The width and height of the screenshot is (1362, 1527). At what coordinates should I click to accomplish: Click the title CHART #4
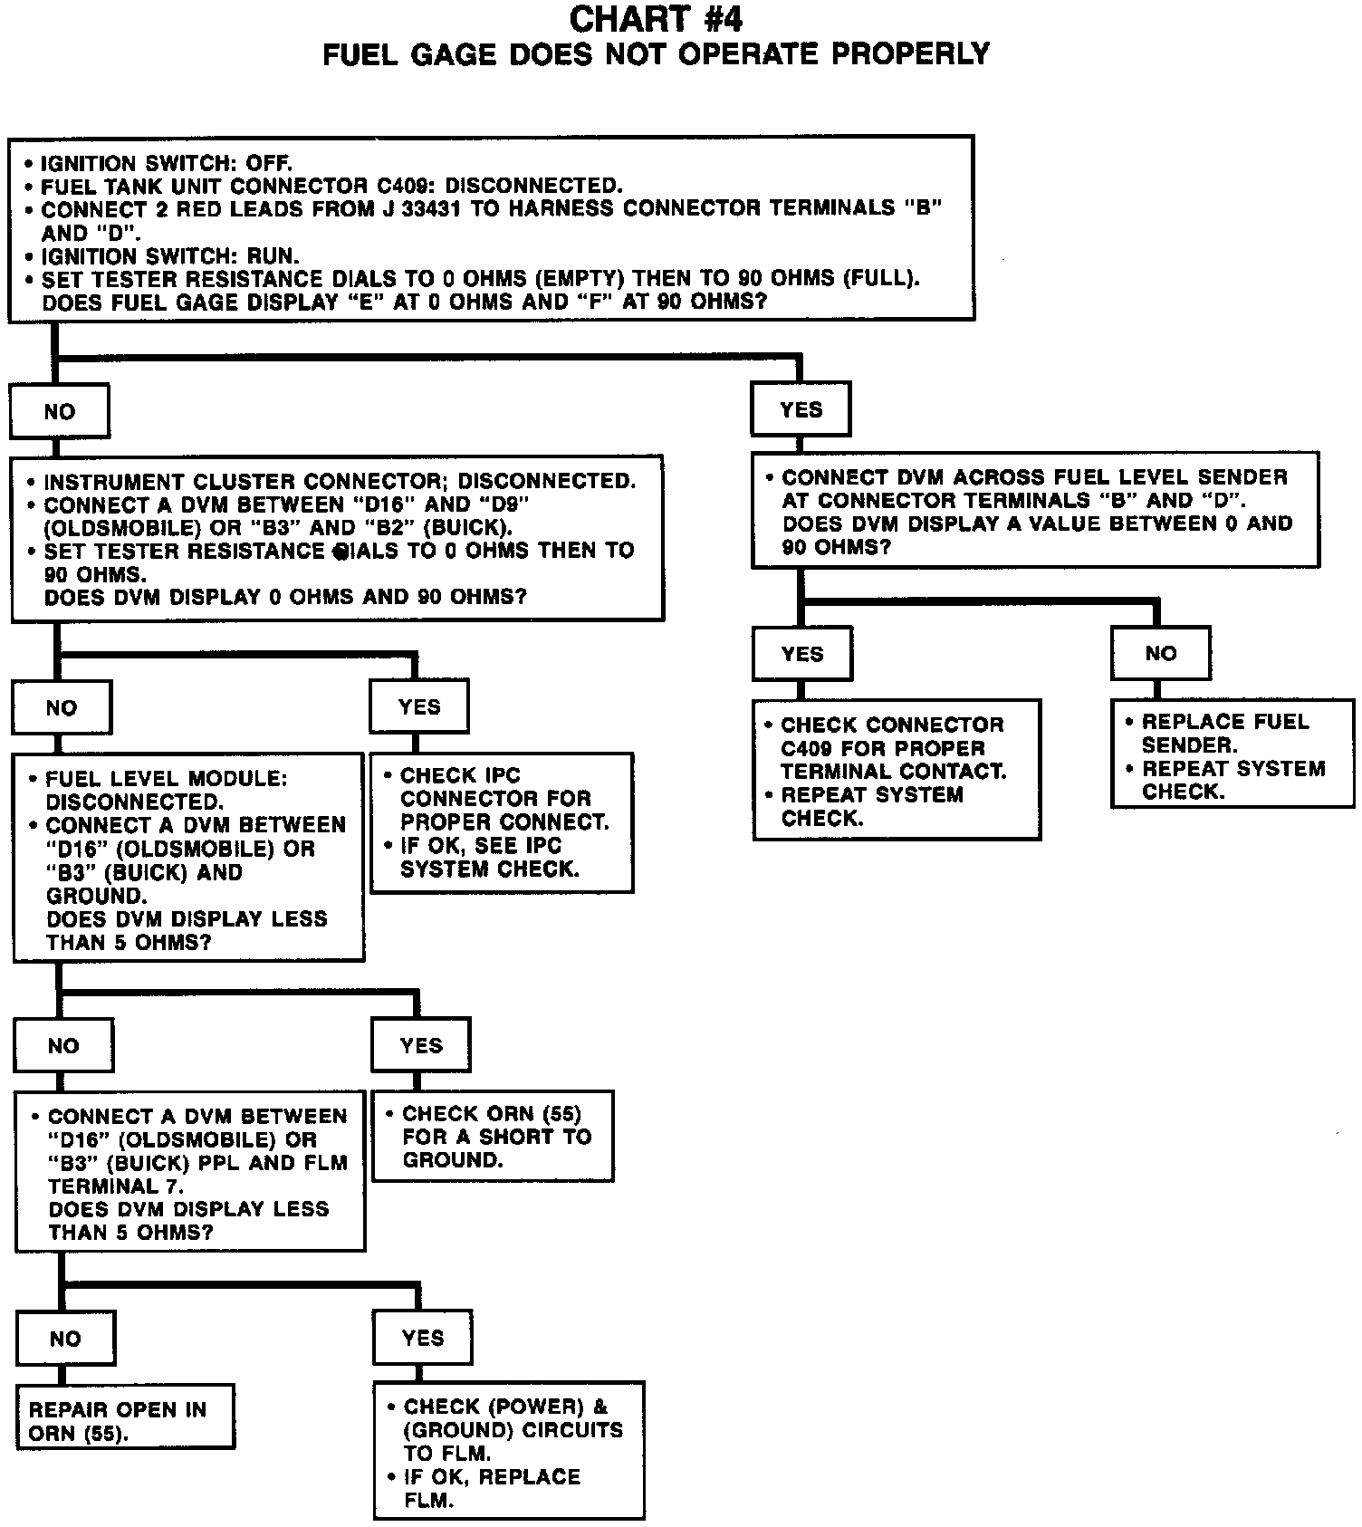pos(657,19)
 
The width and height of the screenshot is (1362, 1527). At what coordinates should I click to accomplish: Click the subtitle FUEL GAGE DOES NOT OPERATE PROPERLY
pos(657,55)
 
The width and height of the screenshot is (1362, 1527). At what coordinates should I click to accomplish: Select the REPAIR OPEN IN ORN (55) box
pos(125,1421)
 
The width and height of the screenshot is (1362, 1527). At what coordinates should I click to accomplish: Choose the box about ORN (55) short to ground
pos(494,1137)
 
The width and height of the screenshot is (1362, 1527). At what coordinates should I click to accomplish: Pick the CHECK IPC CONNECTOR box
pos(502,822)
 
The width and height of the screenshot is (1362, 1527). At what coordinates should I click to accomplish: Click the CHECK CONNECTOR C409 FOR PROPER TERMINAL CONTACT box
pos(897,771)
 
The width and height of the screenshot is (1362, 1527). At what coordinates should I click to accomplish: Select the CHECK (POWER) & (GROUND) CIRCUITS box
pos(509,1453)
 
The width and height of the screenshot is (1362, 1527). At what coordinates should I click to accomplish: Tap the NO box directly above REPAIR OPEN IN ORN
pos(65,1339)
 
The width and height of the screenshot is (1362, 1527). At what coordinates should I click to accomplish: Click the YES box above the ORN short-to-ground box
pos(421,1046)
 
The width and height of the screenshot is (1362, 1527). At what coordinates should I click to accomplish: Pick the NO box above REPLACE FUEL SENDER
pos(1161,654)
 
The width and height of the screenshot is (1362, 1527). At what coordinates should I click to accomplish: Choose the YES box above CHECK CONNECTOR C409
pos(802,655)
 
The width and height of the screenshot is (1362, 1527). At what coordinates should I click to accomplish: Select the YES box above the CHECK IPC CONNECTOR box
pos(419,707)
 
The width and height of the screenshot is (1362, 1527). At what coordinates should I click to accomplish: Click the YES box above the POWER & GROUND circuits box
pos(423,1339)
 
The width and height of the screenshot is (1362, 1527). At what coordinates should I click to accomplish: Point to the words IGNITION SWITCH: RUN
pos(170,256)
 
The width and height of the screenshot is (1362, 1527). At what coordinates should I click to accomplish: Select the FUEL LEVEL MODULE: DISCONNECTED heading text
pos(166,790)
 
